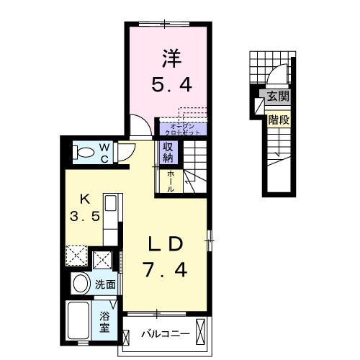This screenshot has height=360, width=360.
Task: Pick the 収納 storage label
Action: click(x=168, y=152)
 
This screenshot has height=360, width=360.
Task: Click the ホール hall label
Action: click(x=171, y=178)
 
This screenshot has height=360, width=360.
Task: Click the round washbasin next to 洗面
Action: click(x=82, y=284)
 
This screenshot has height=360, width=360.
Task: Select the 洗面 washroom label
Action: click(x=105, y=284)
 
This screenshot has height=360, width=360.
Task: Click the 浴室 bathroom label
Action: click(x=105, y=320)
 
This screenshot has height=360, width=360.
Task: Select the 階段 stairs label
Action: click(x=278, y=120)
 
